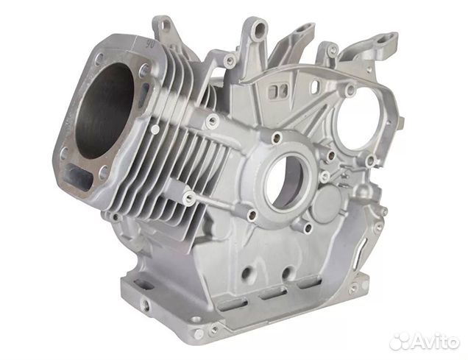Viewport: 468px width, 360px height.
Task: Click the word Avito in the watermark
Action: coord(435,341)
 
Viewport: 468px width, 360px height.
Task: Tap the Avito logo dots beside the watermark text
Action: coord(401,341)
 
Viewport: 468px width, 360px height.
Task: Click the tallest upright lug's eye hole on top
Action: coord(258,32)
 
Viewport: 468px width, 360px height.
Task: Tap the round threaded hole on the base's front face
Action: coord(146,302)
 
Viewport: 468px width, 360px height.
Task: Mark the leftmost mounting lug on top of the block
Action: coord(164,28)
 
